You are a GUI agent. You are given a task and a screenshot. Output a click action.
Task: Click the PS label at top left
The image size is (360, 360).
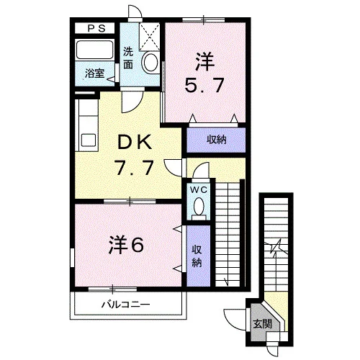click(x=96, y=29)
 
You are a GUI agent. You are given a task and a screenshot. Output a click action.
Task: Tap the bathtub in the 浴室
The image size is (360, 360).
click(x=94, y=50)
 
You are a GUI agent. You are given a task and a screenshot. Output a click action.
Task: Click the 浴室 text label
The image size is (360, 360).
click(x=94, y=73)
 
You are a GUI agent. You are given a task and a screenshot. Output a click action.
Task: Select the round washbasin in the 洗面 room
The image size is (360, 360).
click(x=150, y=62)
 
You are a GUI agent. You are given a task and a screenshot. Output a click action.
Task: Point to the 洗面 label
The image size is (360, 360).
click(x=128, y=58)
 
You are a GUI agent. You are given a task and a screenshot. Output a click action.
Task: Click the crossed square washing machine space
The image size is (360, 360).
click(x=149, y=37)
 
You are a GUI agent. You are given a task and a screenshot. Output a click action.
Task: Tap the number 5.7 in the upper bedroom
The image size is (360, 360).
click(x=204, y=86)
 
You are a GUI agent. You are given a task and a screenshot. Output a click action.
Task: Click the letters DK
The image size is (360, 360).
click(x=134, y=142)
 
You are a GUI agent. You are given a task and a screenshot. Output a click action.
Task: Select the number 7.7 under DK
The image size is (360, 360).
click(x=134, y=168)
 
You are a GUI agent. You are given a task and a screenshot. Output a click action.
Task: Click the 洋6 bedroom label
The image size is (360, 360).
click(x=126, y=245)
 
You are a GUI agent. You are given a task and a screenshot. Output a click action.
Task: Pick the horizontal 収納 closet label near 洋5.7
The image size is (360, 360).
click(x=217, y=140)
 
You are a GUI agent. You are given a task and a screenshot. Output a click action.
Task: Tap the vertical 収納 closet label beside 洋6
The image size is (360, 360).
click(x=197, y=256)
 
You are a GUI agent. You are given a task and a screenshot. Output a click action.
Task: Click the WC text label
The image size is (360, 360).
click(x=199, y=190)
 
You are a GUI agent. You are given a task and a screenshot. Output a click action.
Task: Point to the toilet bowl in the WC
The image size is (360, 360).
click(x=199, y=207)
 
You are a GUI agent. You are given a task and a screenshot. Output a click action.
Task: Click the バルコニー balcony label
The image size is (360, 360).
click(x=125, y=305)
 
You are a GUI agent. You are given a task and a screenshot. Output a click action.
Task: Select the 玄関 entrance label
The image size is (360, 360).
click(x=262, y=324)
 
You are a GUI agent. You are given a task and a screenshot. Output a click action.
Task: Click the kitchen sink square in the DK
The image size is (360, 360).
click(x=89, y=140)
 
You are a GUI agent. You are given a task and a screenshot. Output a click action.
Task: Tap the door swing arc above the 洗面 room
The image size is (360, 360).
click(x=135, y=11)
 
